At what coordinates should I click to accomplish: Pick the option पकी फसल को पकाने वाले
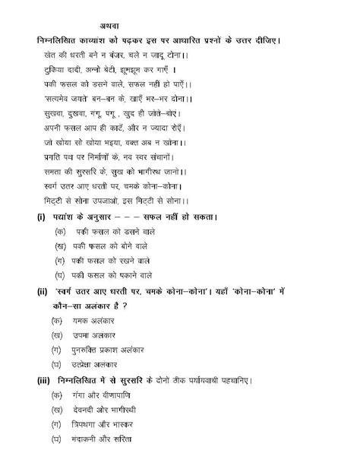pos(113,274)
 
